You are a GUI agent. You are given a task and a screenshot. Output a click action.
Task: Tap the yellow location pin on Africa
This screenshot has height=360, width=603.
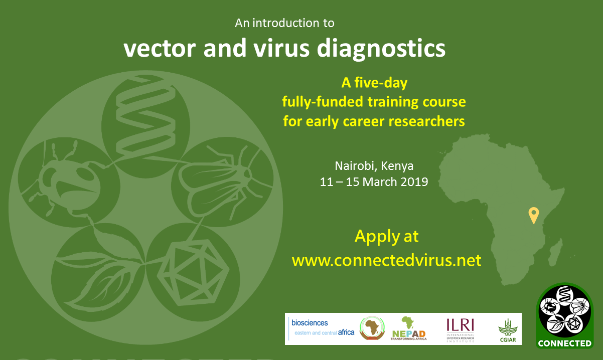[533, 214]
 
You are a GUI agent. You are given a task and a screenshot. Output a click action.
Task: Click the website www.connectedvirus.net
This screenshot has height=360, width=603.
[386, 260]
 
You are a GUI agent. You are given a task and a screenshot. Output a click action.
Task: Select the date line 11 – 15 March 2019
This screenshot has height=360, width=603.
[374, 182]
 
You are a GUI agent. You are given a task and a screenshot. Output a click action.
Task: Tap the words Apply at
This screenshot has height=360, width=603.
[386, 236]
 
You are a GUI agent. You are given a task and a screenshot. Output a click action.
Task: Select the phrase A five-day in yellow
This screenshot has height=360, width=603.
[374, 83]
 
